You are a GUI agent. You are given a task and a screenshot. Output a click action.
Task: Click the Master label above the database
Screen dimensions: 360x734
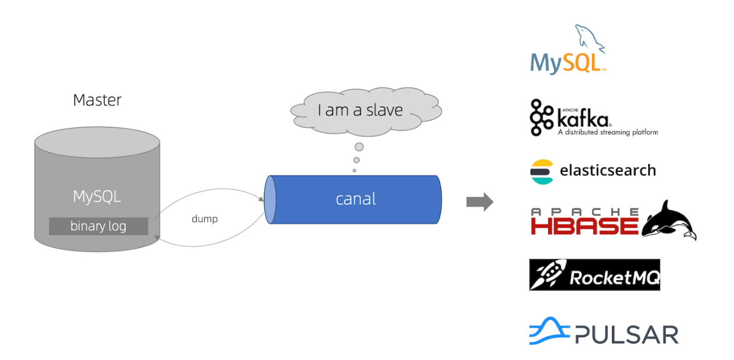click(x=97, y=100)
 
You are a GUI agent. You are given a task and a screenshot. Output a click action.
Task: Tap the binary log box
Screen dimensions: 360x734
click(x=98, y=226)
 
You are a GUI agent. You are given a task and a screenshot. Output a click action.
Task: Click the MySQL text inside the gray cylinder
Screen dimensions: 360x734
click(x=97, y=196)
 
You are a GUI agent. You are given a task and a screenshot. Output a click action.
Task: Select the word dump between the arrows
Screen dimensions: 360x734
click(x=204, y=219)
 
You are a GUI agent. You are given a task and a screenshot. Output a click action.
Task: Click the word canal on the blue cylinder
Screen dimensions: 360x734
click(x=356, y=199)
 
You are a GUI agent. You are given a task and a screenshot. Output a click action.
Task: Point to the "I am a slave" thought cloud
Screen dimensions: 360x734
click(x=360, y=110)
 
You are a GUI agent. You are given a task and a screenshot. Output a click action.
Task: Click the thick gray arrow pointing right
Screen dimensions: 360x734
click(x=479, y=202)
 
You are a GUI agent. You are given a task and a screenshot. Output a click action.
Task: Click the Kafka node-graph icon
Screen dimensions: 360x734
click(x=541, y=118)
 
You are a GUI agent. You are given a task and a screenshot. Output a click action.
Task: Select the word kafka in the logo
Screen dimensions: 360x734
click(x=583, y=118)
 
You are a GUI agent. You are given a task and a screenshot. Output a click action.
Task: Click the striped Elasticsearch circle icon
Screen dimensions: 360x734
click(x=542, y=171)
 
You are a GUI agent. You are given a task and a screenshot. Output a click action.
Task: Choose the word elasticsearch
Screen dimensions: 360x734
click(x=608, y=171)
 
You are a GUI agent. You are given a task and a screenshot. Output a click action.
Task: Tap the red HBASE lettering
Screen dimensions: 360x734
click(x=584, y=225)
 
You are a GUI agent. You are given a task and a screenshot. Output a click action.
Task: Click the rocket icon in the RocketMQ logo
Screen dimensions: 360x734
click(x=548, y=275)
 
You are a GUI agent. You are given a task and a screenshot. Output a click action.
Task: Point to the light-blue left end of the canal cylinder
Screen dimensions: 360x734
click(x=270, y=199)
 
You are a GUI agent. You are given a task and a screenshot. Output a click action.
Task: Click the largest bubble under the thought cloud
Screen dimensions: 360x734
click(x=359, y=147)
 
